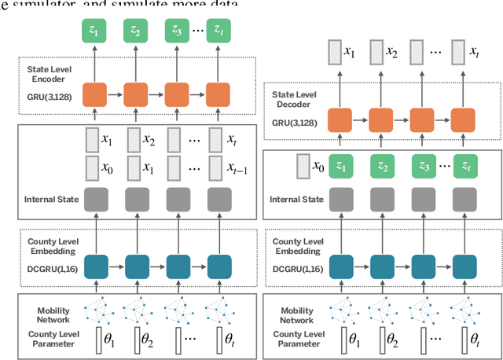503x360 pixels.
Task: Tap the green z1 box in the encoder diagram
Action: click(x=95, y=32)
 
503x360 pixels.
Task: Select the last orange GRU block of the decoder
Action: click(x=464, y=120)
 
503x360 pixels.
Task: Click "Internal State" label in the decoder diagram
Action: click(x=299, y=200)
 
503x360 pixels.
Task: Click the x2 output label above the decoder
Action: click(x=391, y=54)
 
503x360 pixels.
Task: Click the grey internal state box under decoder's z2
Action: click(x=383, y=200)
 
